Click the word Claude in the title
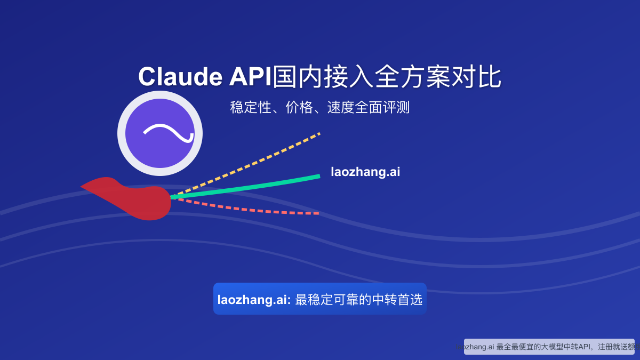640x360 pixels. pos(180,77)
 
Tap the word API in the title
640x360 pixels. pos(250,77)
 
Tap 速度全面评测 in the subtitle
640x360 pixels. pos(368,107)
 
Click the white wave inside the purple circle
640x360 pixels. pos(168,133)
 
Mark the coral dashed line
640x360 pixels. pos(256,210)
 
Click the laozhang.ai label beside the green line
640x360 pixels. pos(365,172)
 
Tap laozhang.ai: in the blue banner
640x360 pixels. pos(254,300)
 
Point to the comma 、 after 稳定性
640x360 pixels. pos(276,109)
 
